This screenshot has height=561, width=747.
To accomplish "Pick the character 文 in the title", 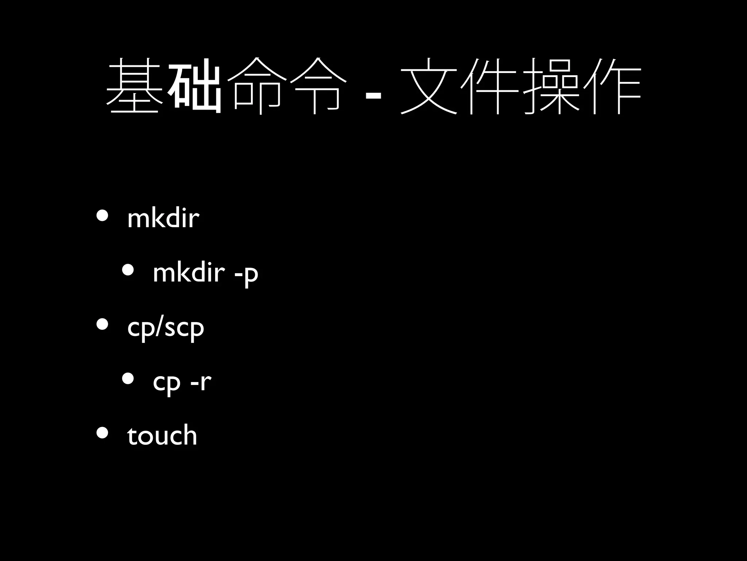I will (x=429, y=86).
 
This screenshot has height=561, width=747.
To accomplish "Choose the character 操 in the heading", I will (x=551, y=86).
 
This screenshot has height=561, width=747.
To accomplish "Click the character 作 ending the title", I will (x=612, y=86).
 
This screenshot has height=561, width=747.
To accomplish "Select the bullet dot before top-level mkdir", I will (x=102, y=216).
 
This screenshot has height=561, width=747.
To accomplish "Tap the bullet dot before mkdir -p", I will (x=128, y=270).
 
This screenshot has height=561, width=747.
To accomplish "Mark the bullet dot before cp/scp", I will (x=102, y=324).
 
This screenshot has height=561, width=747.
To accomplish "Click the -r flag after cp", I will (x=201, y=381).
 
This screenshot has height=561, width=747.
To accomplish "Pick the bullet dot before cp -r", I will (x=128, y=379).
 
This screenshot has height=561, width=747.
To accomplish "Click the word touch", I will (x=162, y=435).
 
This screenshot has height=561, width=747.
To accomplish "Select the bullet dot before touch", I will (x=102, y=433).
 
